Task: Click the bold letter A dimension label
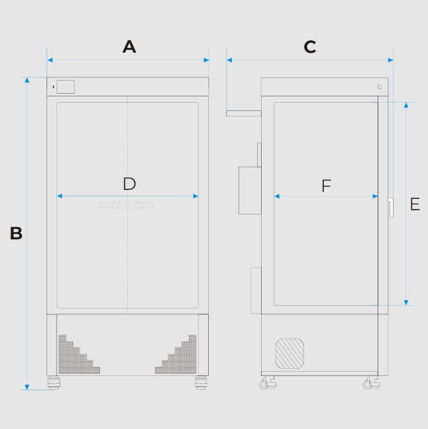click(x=129, y=47)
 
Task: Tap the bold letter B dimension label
click(x=16, y=233)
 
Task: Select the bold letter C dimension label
click(x=310, y=47)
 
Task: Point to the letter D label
click(x=129, y=184)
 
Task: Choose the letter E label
click(x=415, y=204)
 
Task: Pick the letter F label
click(x=326, y=186)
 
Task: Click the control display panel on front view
click(x=65, y=87)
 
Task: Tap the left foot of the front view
click(x=54, y=382)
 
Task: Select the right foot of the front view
click(x=201, y=382)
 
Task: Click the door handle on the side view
click(x=391, y=208)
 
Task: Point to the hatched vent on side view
click(x=289, y=354)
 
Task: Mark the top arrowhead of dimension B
click(x=27, y=80)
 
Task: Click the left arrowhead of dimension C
click(x=229, y=60)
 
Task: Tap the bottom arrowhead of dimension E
click(x=406, y=302)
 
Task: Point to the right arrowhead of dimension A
click(x=206, y=60)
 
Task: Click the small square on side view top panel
click(x=379, y=87)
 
